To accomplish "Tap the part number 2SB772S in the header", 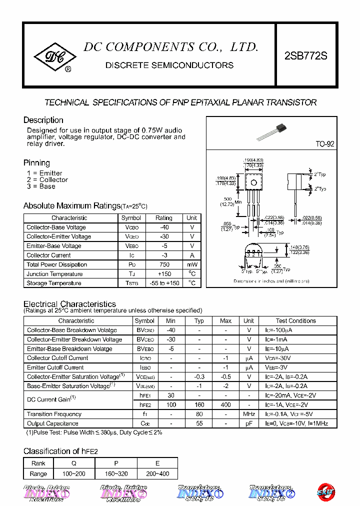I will pos(305,56).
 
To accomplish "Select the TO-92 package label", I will pos(324,144).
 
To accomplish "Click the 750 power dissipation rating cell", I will pos(163,264).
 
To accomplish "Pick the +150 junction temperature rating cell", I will pos(163,274).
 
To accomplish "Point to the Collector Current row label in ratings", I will pos(49,255).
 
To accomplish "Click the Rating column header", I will pos(163,218).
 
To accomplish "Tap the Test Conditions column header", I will pos(295,321).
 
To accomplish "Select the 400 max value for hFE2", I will pos(225,405).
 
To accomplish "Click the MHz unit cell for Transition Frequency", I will pos(249,414).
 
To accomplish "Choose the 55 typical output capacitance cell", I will pos(199,423).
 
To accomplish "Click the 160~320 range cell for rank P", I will pos(115,473).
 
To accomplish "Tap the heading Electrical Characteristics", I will pos(69,304).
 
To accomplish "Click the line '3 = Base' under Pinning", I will pos(41,186).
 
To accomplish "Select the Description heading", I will pos(43,120).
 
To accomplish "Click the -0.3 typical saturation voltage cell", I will pos(199,377).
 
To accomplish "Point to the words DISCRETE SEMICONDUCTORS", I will pos(169,65).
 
